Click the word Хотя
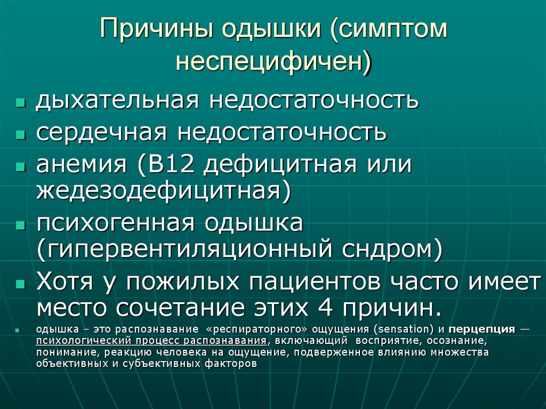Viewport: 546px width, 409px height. pos(67,282)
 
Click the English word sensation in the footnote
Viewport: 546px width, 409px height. pos(409,330)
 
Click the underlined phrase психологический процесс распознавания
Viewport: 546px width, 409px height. pos(151,341)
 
